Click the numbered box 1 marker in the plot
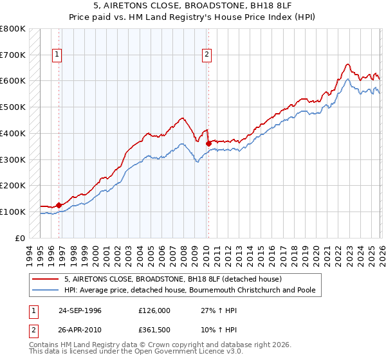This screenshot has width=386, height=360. (58, 55)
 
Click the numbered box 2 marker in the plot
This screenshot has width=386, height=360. (207, 55)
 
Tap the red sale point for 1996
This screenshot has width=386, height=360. (59, 205)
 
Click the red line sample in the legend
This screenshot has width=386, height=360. (46, 279)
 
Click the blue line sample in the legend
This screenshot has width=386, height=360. (46, 291)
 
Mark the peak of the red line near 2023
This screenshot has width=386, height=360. (347, 64)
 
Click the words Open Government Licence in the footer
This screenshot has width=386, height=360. (179, 352)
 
